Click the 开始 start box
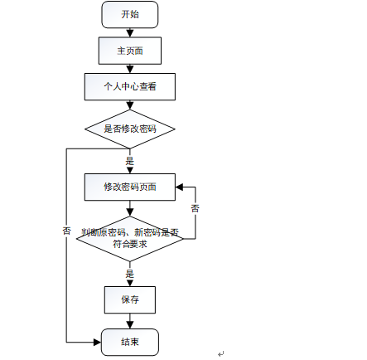[130, 15]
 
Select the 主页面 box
[130, 51]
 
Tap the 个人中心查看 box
[130, 86]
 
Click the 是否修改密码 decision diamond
[130, 129]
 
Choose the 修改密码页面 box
[130, 187]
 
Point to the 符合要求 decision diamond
[130, 239]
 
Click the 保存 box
[130, 299]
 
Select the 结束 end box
[130, 342]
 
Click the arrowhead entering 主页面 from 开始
[130, 34]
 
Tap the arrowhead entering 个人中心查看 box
[130, 70]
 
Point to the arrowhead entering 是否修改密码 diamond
[130, 105]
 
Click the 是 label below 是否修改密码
[130, 161]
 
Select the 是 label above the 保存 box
[130, 274]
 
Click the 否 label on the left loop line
[66, 231]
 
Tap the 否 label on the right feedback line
[196, 208]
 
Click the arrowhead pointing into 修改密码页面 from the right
[179, 187]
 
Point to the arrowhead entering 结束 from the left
[98, 343]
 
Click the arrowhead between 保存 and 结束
[130, 325]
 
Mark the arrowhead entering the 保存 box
[130, 283]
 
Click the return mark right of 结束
[221, 353]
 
